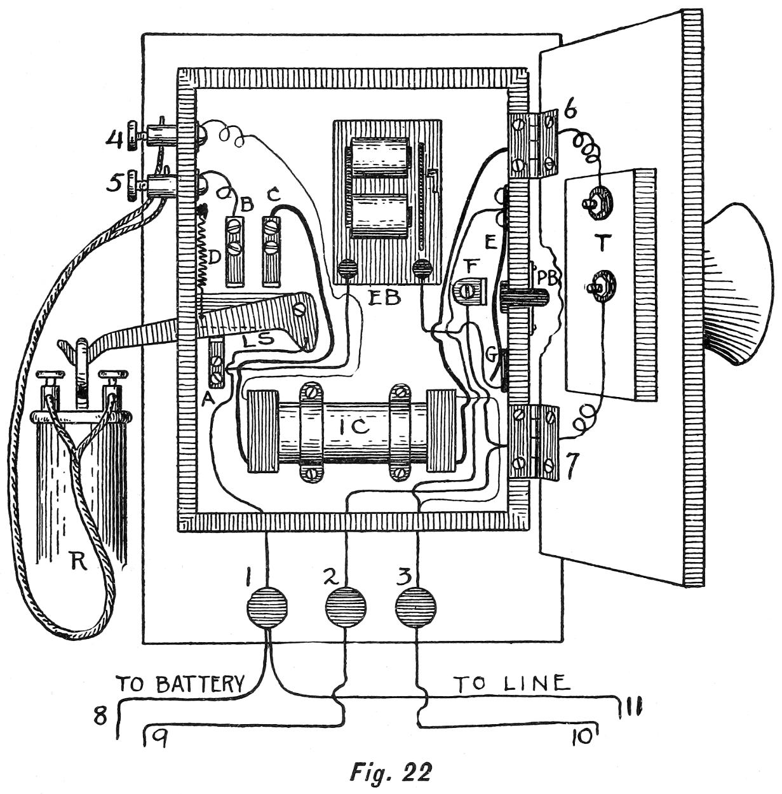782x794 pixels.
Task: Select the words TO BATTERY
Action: coord(180,684)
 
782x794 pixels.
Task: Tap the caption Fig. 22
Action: coord(391,771)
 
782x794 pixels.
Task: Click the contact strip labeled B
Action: coord(235,251)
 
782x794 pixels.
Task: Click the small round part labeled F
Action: coord(467,291)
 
